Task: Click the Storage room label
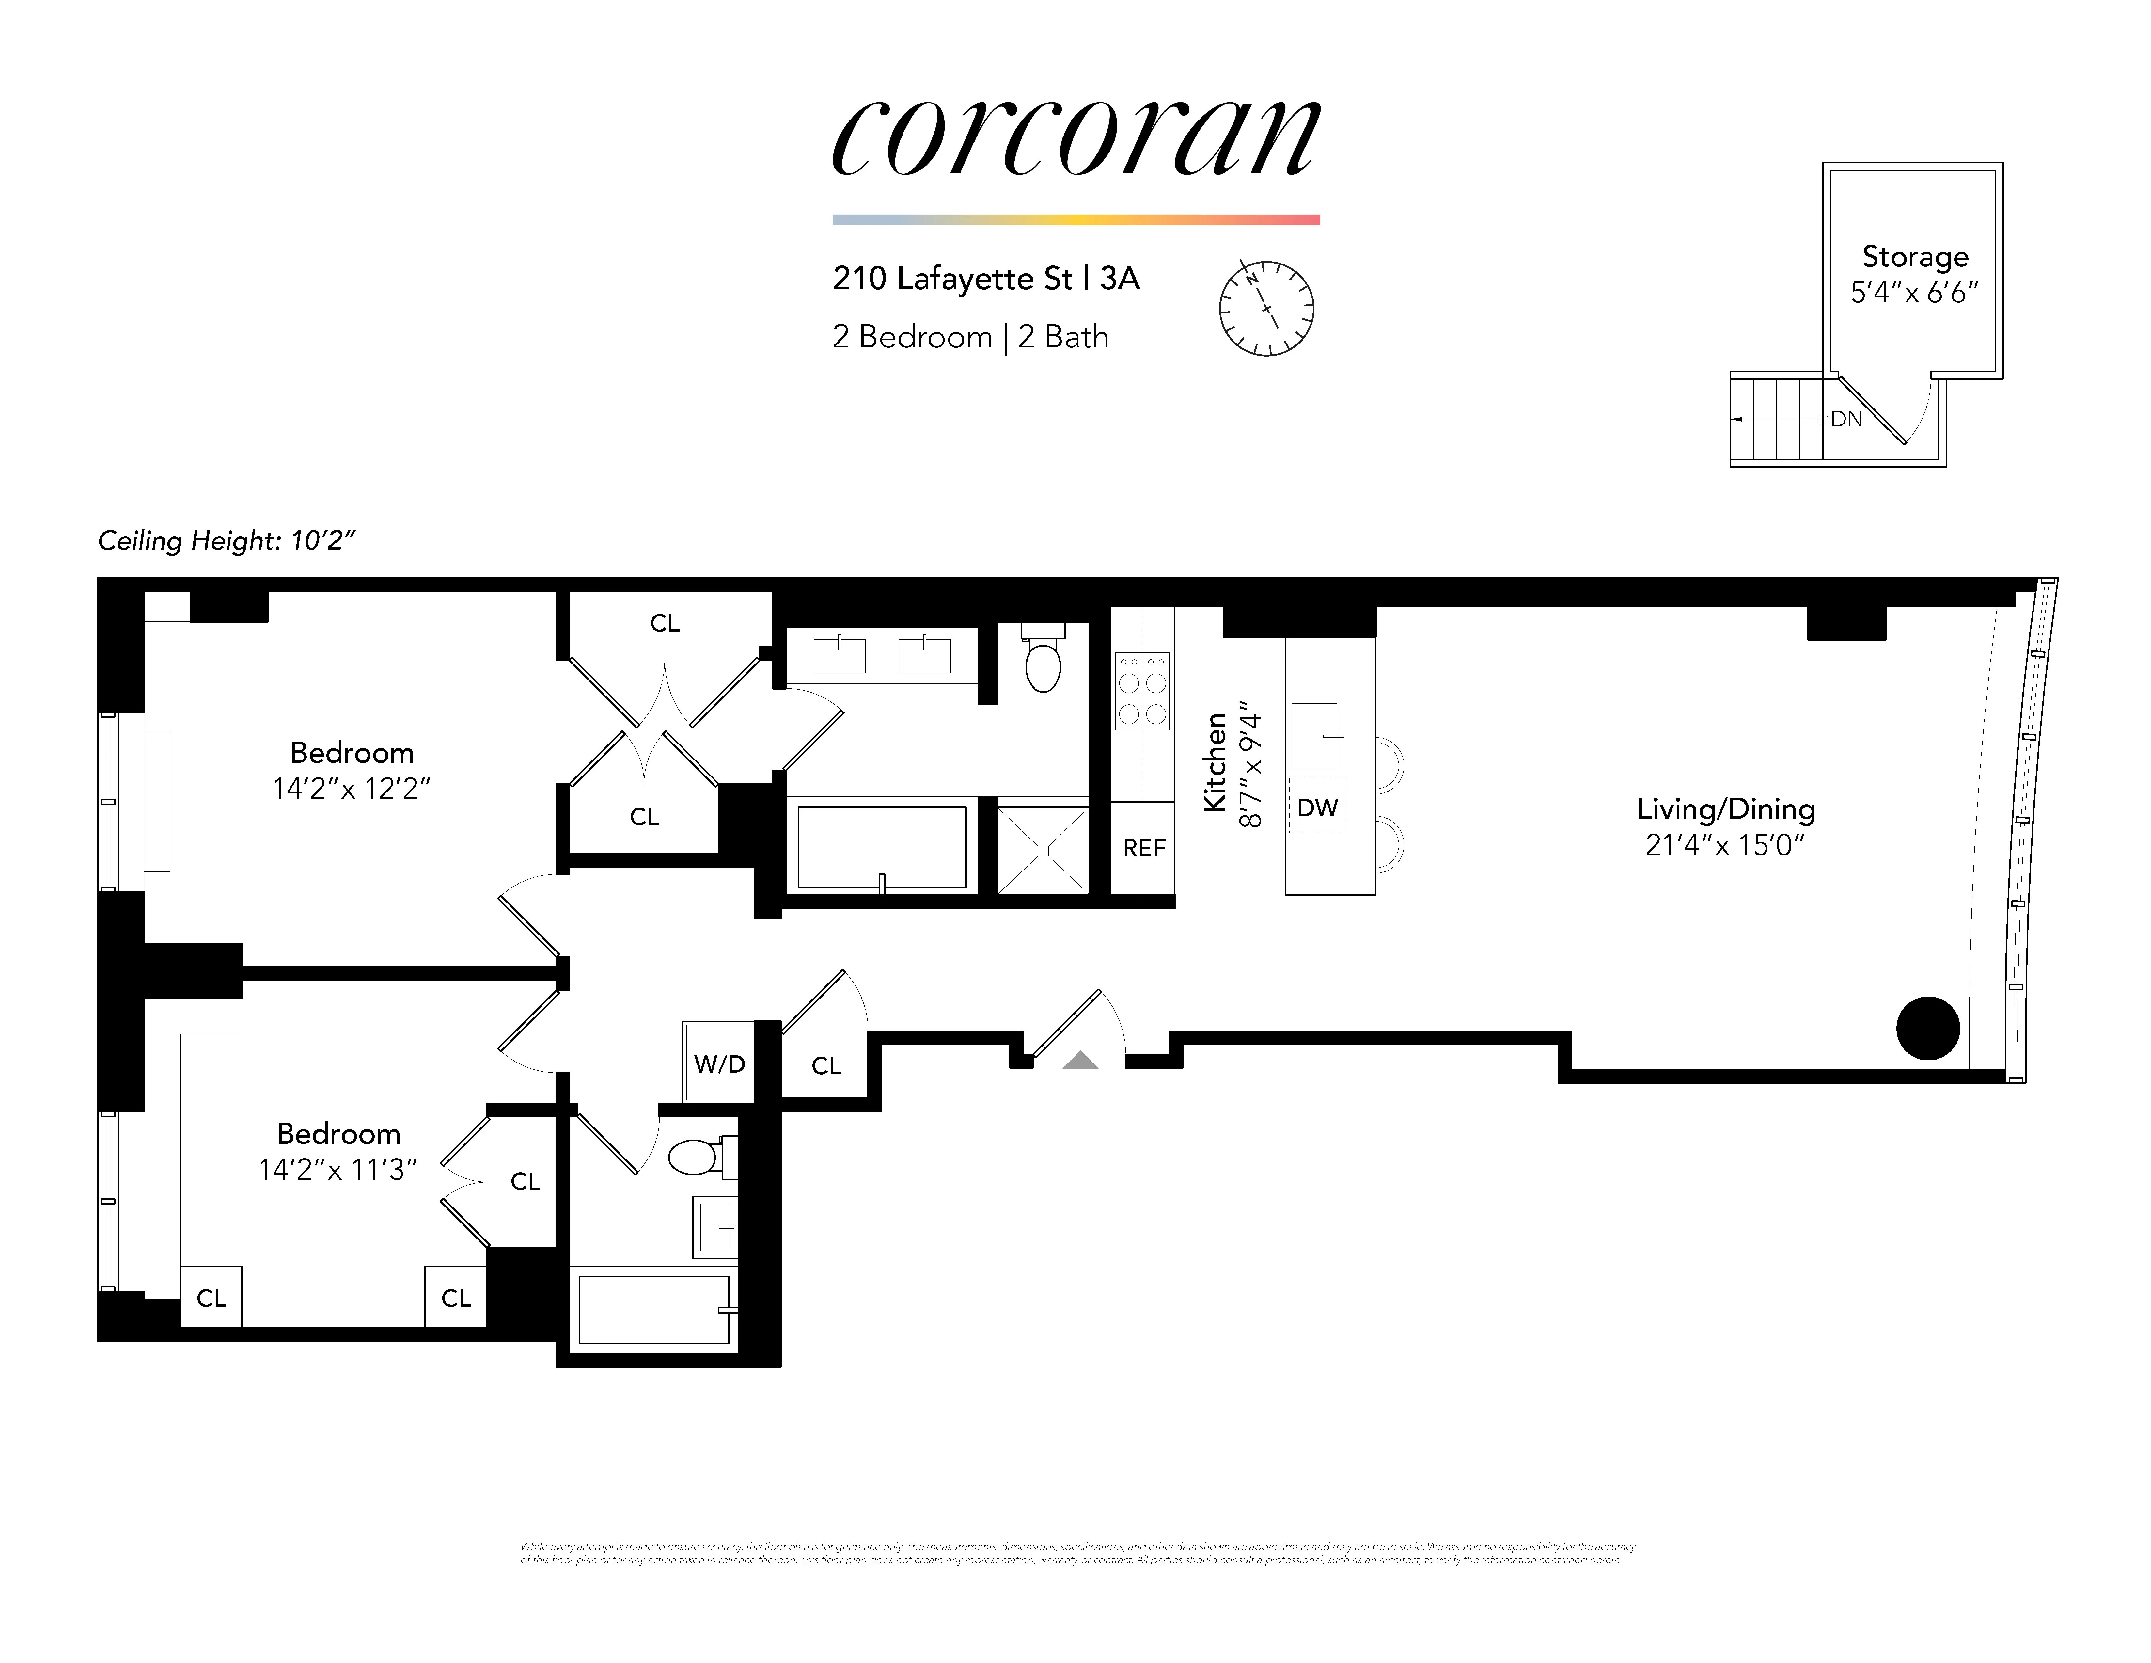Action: pyautogui.click(x=1915, y=257)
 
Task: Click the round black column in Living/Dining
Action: pyautogui.click(x=1927, y=1029)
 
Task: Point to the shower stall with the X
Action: pyautogui.click(x=1043, y=849)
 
